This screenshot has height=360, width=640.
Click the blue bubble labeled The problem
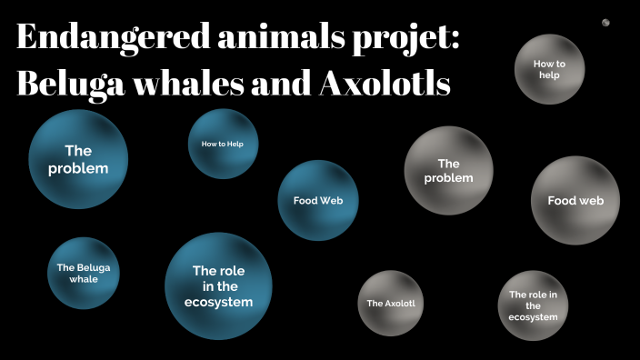pos(78,159)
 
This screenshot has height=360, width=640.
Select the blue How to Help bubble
pos(223,144)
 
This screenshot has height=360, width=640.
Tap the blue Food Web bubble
pos(318,200)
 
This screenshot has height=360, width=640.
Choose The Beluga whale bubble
pos(84,273)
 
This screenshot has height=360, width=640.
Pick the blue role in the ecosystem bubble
pos(218,285)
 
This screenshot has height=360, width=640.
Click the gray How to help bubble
pos(549,69)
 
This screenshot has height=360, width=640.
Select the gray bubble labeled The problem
pos(448,171)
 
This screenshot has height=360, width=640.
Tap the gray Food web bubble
pos(575,200)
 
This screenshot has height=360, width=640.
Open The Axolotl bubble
pos(391,303)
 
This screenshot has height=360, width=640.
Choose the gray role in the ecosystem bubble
pos(534,305)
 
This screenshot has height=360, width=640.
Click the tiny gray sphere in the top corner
pos(605,23)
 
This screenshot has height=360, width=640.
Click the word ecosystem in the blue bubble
pos(218,302)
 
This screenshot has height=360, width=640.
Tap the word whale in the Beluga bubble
pos(84,279)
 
